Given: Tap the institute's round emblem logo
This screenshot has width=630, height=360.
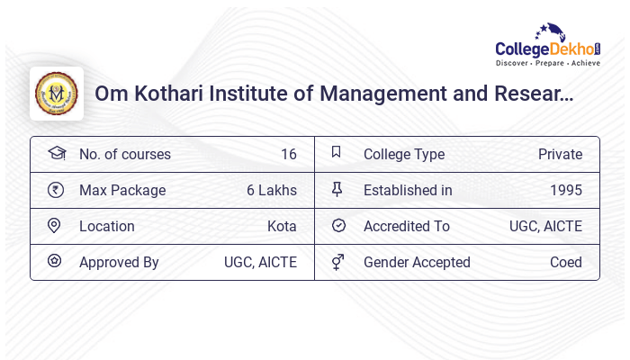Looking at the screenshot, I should click(57, 94).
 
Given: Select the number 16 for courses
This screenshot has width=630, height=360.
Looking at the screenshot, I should click(288, 154).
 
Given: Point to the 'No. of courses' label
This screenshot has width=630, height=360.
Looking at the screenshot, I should click(124, 154).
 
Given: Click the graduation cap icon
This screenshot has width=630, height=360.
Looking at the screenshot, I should click(55, 153).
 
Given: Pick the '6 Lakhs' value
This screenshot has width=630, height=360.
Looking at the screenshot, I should click(271, 190).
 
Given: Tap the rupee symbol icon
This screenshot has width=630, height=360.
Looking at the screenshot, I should click(55, 190).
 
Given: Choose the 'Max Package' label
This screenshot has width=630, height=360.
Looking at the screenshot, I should click(122, 190).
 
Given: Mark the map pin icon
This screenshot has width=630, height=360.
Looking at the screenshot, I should click(55, 226).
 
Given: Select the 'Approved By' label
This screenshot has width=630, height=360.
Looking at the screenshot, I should click(119, 262).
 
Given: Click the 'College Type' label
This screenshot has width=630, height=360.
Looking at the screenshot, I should click(404, 154).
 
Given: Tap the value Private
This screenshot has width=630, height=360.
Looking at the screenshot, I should click(560, 154).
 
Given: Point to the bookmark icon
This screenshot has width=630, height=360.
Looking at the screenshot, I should click(337, 153).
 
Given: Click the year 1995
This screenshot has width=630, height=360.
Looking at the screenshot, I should click(566, 190).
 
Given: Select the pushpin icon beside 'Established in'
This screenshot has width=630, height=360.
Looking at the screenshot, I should click(337, 190).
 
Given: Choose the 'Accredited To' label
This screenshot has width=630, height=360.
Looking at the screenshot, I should click(406, 226).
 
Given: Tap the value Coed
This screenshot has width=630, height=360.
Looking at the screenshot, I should click(566, 262).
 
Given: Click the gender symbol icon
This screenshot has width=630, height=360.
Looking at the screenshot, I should click(337, 262).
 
